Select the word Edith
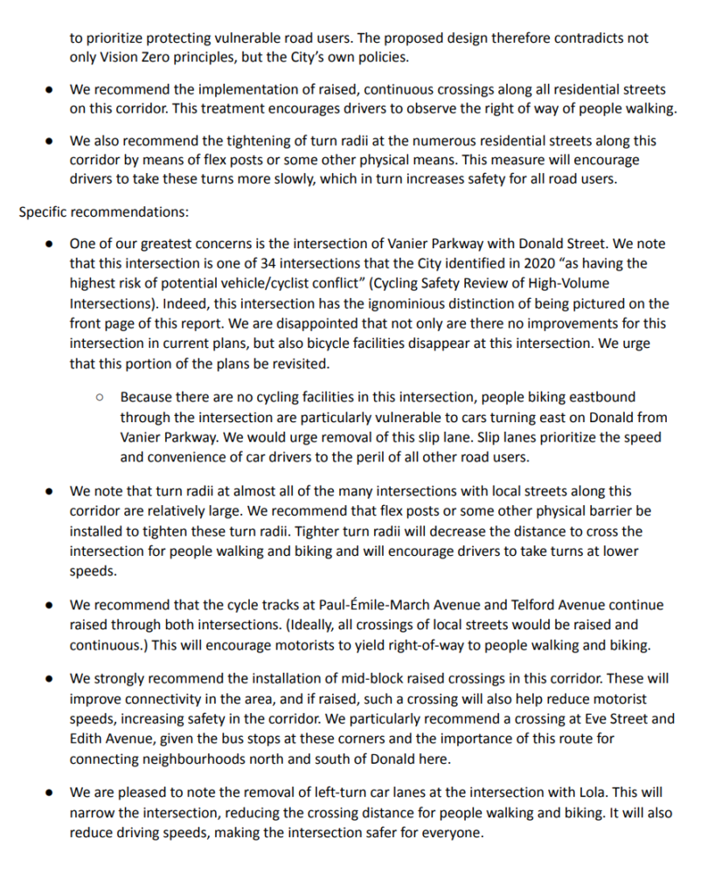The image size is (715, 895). (x=88, y=738)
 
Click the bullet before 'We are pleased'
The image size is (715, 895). (x=52, y=794)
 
